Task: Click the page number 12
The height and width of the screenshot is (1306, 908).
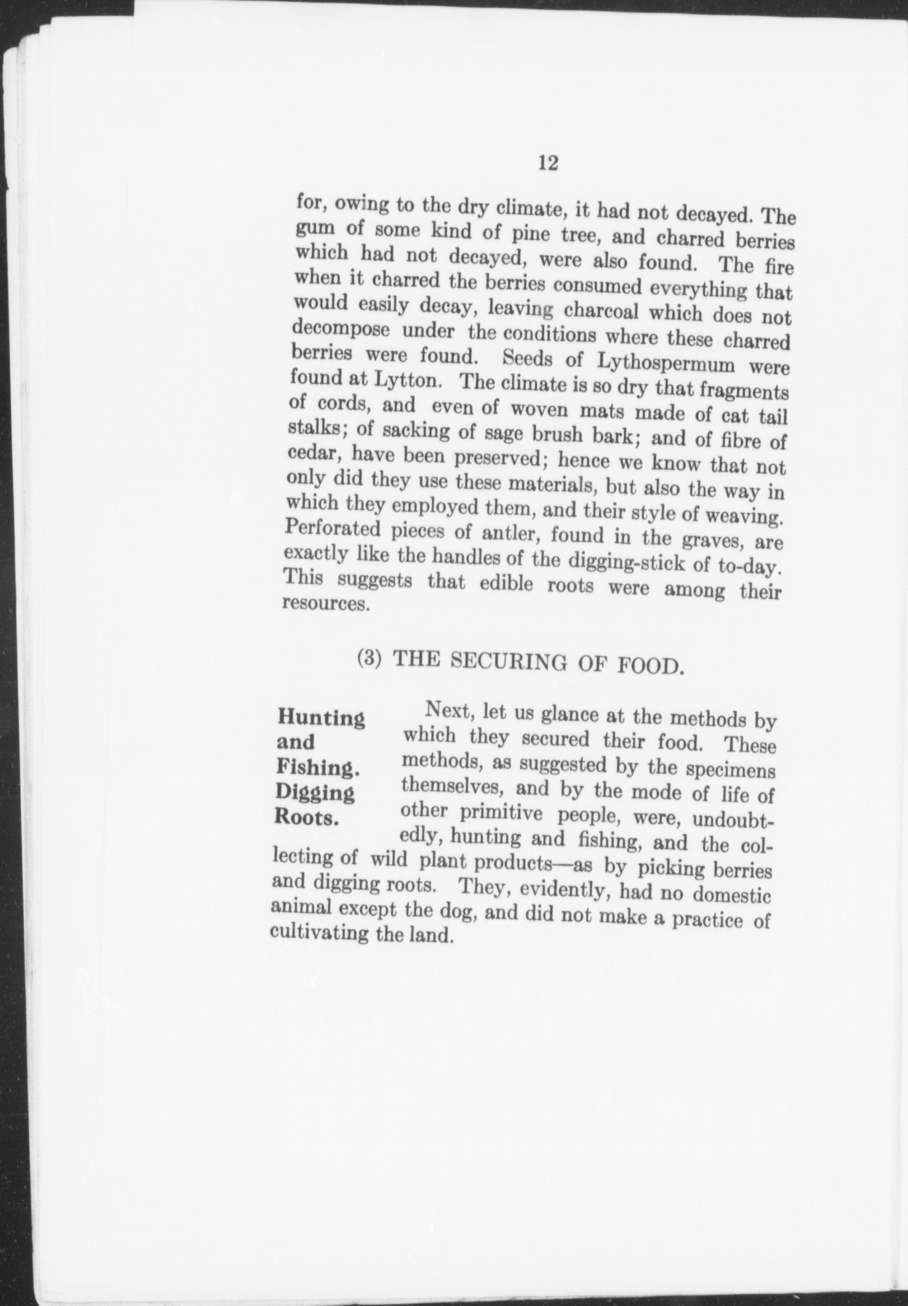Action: pyautogui.click(x=547, y=163)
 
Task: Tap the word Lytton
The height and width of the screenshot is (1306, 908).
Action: pyautogui.click(x=405, y=381)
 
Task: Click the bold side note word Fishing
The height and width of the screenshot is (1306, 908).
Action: pyautogui.click(x=317, y=767)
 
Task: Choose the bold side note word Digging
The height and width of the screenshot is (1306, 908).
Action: pyautogui.click(x=315, y=792)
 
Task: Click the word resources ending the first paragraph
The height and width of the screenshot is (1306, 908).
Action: pyautogui.click(x=325, y=603)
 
